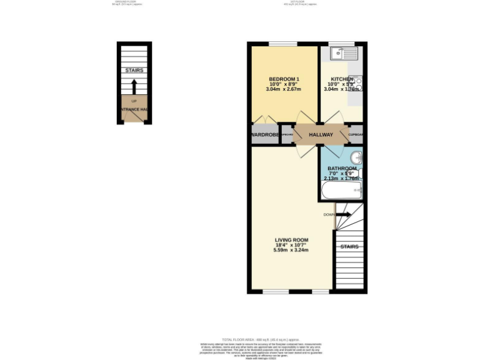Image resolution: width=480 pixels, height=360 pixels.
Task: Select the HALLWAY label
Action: (320, 135)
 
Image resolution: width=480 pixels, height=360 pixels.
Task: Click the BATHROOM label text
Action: (342, 169)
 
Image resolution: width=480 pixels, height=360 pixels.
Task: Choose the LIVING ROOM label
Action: (292, 240)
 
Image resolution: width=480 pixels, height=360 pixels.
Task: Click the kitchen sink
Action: (341, 54)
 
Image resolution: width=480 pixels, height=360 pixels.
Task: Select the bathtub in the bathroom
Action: (341, 191)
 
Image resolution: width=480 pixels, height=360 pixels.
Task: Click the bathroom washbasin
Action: (356, 157)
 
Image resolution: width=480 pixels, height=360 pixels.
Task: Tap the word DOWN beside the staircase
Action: (329, 215)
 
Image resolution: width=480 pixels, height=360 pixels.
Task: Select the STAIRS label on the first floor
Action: (349, 247)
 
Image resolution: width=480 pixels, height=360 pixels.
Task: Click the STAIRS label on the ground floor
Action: (134, 71)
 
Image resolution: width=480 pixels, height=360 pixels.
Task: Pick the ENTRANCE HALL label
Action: (134, 110)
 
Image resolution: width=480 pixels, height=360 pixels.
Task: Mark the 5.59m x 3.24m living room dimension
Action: (292, 250)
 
